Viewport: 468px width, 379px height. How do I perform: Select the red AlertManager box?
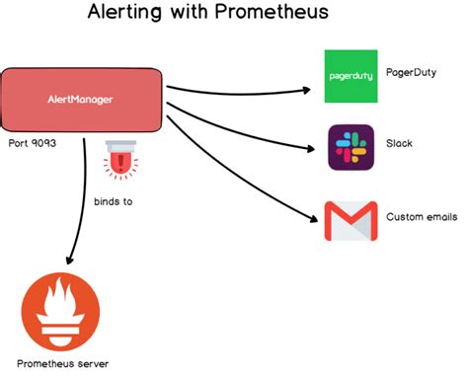[82, 100]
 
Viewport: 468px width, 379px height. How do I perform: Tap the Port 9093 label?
[32, 144]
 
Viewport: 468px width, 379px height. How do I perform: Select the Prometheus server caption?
[62, 363]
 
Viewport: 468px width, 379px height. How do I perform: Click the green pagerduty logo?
[351, 76]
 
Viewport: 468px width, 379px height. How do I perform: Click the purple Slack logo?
[351, 147]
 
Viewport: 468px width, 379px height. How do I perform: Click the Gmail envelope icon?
[351, 221]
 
